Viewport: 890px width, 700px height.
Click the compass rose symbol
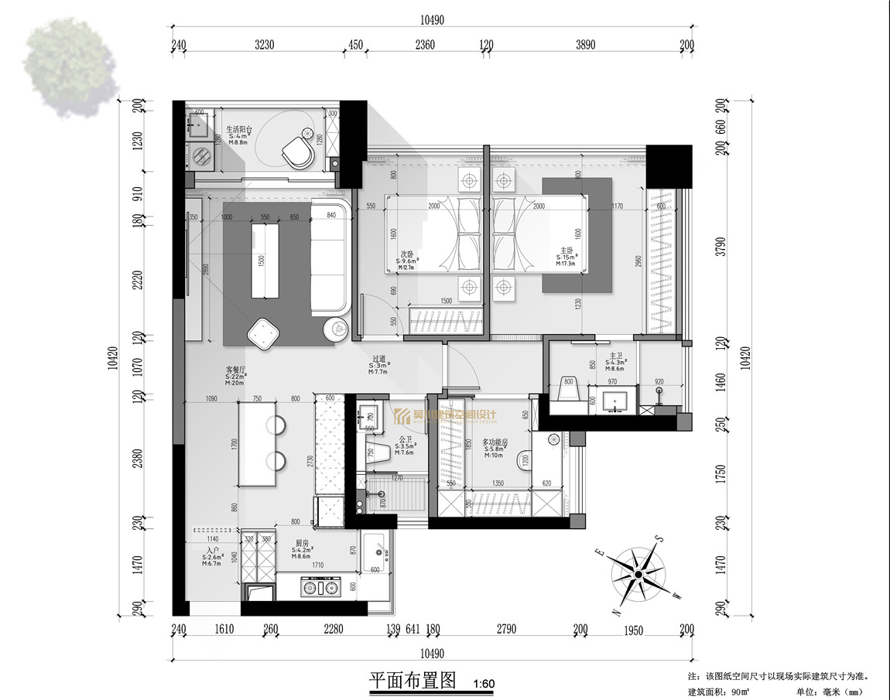[636, 574]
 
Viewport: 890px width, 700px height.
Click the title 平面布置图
[415, 681]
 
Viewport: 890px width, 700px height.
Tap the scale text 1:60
[483, 684]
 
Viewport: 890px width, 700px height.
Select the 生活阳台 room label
[238, 131]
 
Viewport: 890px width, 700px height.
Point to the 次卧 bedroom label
[406, 254]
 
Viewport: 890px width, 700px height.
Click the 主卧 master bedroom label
[566, 251]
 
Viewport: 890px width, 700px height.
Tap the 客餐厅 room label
[235, 370]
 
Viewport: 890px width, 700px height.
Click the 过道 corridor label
[379, 359]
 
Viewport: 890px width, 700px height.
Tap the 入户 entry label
[212, 550]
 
